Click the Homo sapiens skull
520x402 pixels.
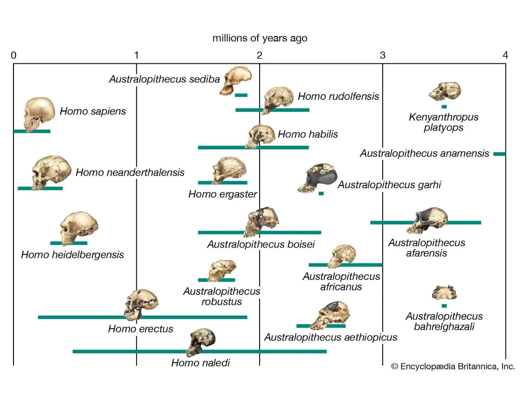point(39,114)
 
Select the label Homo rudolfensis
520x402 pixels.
point(338,96)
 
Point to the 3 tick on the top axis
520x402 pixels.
point(383,56)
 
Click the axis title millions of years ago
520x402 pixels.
point(260,38)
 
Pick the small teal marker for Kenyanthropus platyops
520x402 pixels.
point(444,107)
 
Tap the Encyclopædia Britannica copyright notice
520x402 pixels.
point(453,367)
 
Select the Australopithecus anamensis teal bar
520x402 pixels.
point(499,154)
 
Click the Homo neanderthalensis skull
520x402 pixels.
point(51,172)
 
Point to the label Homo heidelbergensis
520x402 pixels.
point(72,254)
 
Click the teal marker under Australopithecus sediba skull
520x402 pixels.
point(241,95)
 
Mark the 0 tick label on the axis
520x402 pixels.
point(13,56)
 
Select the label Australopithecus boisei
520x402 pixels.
point(261,244)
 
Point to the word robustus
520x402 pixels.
point(221,302)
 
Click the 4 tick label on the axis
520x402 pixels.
point(505,56)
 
